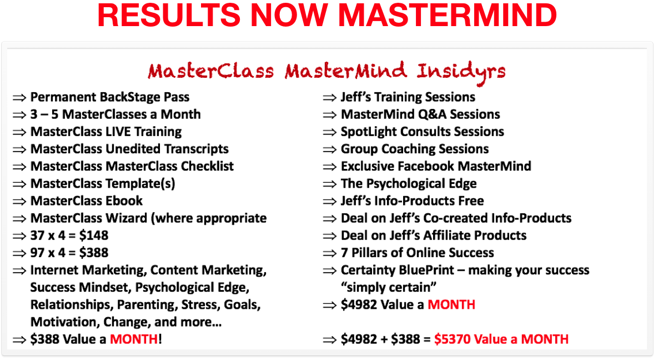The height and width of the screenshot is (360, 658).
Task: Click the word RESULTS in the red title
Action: tap(169, 16)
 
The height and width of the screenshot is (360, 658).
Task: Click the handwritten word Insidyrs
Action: tap(461, 72)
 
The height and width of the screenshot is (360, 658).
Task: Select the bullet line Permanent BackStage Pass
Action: tap(110, 97)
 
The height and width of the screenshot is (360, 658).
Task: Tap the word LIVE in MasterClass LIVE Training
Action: tap(118, 132)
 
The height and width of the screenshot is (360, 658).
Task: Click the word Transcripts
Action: tap(196, 149)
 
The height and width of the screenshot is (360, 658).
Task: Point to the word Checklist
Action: tap(207, 166)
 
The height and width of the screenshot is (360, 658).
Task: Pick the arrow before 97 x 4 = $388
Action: tap(19, 253)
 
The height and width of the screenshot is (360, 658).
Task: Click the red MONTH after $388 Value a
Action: tap(134, 339)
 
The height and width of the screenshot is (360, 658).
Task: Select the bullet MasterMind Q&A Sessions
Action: tap(420, 114)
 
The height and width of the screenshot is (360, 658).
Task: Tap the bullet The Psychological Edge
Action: tap(409, 183)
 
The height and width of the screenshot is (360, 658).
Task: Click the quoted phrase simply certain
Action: tap(389, 287)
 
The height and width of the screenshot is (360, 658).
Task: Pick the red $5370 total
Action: tap(453, 339)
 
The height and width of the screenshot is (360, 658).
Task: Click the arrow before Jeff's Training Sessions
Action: tap(330, 98)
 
